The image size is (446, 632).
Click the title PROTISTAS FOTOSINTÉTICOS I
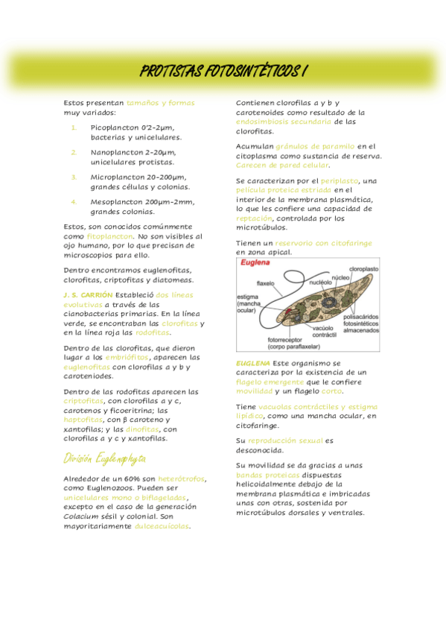point(223,72)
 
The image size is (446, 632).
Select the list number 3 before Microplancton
point(74,177)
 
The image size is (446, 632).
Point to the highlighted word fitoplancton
point(109,236)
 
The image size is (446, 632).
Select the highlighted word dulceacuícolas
point(162,526)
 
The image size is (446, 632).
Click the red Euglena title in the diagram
point(253,263)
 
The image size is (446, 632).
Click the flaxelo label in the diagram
point(266,284)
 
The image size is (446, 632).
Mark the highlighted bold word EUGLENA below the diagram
point(252,362)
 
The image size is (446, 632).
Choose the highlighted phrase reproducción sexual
point(285,440)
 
